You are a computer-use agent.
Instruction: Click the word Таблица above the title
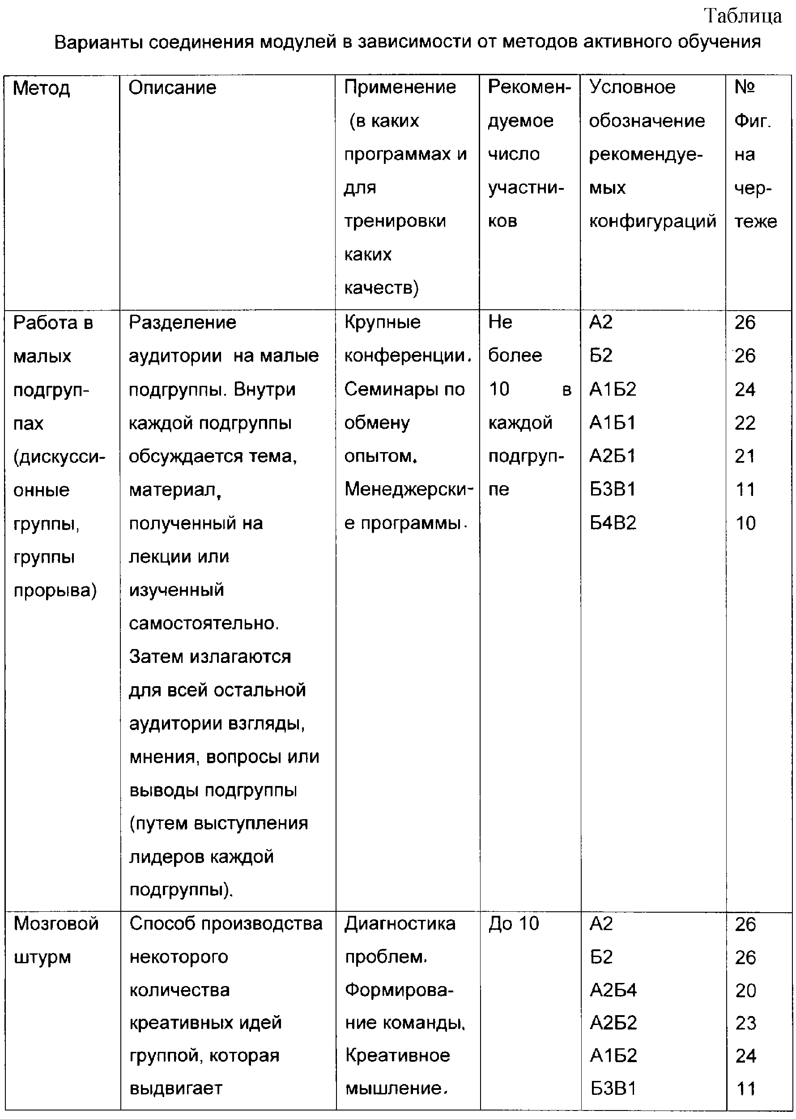click(743, 16)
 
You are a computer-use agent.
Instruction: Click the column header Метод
click(41, 89)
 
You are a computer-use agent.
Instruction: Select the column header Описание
click(172, 88)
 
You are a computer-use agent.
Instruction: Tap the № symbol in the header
click(745, 87)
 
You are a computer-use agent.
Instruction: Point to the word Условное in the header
click(632, 87)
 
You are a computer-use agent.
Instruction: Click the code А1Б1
click(612, 423)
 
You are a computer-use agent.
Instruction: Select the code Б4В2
click(613, 523)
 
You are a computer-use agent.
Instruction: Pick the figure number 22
click(745, 423)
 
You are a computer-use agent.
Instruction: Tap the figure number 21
click(745, 456)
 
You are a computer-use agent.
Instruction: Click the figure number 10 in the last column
click(745, 523)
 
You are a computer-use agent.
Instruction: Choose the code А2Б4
click(613, 991)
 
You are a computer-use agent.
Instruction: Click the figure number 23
click(745, 1024)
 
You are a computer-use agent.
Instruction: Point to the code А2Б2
click(613, 1023)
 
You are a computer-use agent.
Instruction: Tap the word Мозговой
click(56, 924)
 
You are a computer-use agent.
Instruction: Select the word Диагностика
click(400, 924)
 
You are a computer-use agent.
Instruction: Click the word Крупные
click(382, 322)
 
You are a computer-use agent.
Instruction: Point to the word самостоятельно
click(204, 623)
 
